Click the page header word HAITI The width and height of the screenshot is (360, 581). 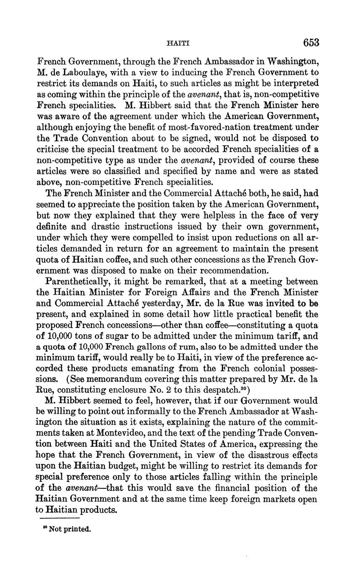(x=178, y=43)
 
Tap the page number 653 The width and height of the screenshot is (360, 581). (x=311, y=43)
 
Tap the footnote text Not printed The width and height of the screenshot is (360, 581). (x=70, y=529)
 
